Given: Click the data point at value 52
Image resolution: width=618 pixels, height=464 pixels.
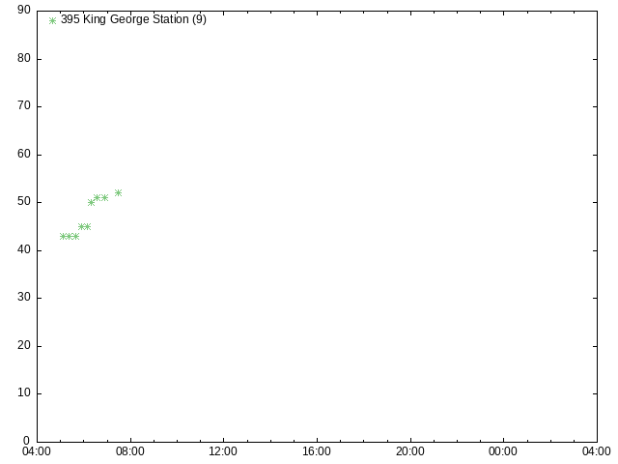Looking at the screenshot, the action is pyautogui.click(x=118, y=193).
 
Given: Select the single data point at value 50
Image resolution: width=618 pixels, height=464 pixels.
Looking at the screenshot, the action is pyautogui.click(x=91, y=202).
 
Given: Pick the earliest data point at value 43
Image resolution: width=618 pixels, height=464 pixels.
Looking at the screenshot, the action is pyautogui.click(x=63, y=236).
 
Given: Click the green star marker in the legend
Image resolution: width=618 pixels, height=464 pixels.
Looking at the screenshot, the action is pyautogui.click(x=52, y=20).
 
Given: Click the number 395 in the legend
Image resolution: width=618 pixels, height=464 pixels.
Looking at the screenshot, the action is pyautogui.click(x=70, y=19).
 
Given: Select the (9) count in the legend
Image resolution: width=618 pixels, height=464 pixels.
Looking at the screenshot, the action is pyautogui.click(x=200, y=19).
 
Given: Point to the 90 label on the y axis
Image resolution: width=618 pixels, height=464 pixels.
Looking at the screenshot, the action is pyautogui.click(x=24, y=10).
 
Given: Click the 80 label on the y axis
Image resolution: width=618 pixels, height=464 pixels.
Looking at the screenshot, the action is pyautogui.click(x=24, y=58).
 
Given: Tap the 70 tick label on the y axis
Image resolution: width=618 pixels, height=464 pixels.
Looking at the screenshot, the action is pyautogui.click(x=24, y=105).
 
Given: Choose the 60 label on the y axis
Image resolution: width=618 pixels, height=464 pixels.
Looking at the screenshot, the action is pyautogui.click(x=24, y=154).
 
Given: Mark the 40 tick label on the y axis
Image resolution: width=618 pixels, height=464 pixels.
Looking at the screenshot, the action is pyautogui.click(x=24, y=249).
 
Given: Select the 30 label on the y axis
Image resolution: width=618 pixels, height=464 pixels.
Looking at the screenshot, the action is pyautogui.click(x=24, y=297).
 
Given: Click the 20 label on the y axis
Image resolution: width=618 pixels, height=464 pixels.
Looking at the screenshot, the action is pyautogui.click(x=24, y=345).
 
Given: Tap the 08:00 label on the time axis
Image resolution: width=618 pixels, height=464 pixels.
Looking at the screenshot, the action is pyautogui.click(x=130, y=451).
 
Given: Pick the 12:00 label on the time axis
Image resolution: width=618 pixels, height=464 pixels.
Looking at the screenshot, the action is pyautogui.click(x=223, y=451).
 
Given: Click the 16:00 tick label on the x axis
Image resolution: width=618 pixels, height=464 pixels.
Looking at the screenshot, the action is pyautogui.click(x=317, y=451).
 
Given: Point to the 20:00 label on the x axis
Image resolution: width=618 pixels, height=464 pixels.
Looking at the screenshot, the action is pyautogui.click(x=410, y=451).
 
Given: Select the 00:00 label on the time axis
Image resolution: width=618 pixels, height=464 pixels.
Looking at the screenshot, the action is pyautogui.click(x=503, y=451).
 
